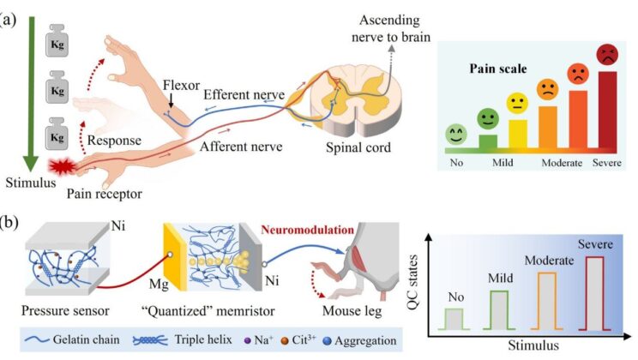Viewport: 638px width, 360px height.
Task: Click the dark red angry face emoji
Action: pos(607,54)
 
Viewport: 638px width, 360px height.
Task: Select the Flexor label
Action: pos(183,85)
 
